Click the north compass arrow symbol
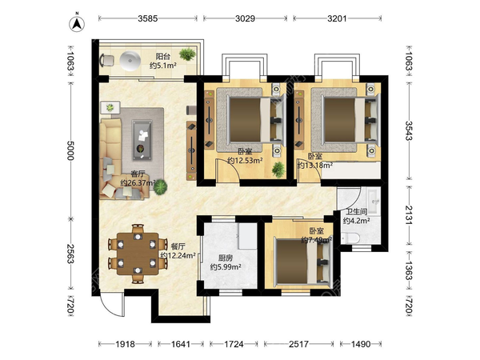pyautogui.click(x=77, y=23)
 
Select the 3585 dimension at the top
pyautogui.click(x=147, y=18)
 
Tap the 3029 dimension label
pyautogui.click(x=245, y=18)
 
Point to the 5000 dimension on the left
pyautogui.click(x=70, y=150)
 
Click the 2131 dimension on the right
pyautogui.click(x=409, y=214)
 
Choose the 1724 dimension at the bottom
pyautogui.click(x=234, y=344)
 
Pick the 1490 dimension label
pyautogui.click(x=361, y=344)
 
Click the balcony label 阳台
pyautogui.click(x=163, y=56)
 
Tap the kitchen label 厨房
pyautogui.click(x=226, y=258)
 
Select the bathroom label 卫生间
pyautogui.click(x=357, y=211)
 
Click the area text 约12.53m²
pyautogui.click(x=245, y=161)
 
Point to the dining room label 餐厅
pyautogui.click(x=178, y=246)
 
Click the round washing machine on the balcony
pyautogui.click(x=130, y=60)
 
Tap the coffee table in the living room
pyautogui.click(x=142, y=140)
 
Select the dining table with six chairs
pyautogui.click(x=138, y=254)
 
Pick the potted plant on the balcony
pyautogui.click(x=187, y=54)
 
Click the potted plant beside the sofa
pyautogui.click(x=161, y=187)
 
